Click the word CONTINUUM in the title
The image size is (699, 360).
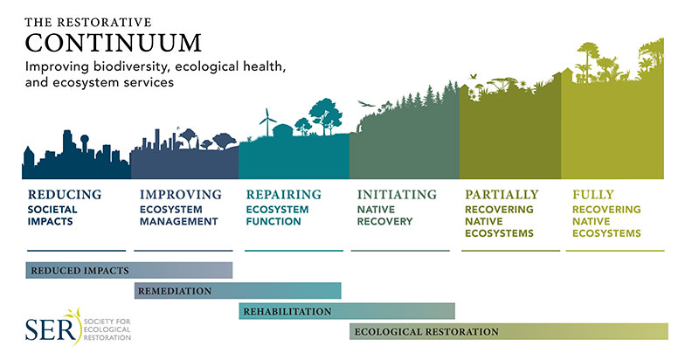coord(114,43)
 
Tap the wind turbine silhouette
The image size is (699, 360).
coord(267,122)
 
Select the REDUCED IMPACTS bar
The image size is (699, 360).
coord(129,271)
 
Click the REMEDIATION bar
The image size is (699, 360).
coord(238,291)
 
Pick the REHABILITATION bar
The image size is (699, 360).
coord(347,311)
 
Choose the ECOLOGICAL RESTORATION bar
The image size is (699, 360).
coord(509,331)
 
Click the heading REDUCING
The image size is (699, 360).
coord(65,195)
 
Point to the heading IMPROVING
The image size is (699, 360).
coord(181,195)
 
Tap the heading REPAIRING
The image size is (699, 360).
coord(283,195)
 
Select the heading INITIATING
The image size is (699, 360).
coord(397,195)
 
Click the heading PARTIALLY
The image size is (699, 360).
coord(502,195)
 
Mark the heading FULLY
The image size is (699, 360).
coord(593,195)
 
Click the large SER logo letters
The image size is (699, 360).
coord(51,329)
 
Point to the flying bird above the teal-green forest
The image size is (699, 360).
coord(366,104)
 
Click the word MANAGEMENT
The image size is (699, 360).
coord(179,221)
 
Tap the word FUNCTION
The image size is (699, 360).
coord(273,221)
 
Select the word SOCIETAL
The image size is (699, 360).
coord(52,210)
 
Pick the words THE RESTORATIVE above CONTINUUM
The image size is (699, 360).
coord(88,22)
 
